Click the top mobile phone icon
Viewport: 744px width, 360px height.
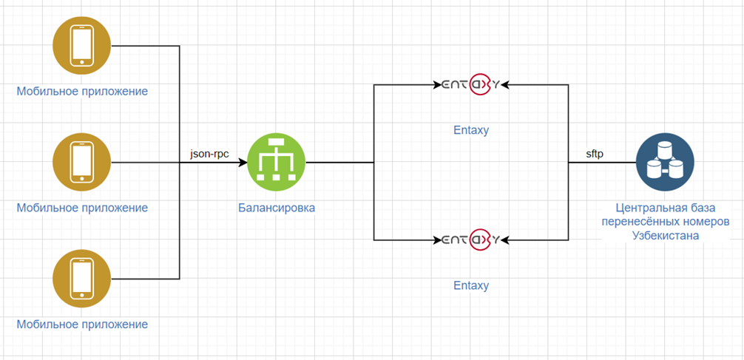[81, 46]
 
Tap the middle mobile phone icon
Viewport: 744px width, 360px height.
[81, 162]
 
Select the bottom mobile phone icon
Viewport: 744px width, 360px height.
[81, 279]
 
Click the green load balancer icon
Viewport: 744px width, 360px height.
[277, 162]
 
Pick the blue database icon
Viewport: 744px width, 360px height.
[665, 162]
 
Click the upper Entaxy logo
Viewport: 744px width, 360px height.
[470, 85]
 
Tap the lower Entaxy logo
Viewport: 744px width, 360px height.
[470, 240]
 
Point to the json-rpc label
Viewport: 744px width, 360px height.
[209, 154]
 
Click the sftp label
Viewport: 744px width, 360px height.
[594, 154]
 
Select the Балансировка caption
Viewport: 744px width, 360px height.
[277, 208]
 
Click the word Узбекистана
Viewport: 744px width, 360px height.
[665, 236]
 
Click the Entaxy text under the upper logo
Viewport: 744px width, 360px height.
[470, 130]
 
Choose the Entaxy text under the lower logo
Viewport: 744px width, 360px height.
[470, 285]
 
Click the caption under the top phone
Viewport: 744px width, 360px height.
[82, 91]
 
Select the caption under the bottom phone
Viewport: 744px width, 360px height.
[82, 325]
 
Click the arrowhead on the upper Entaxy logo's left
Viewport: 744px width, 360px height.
[438, 85]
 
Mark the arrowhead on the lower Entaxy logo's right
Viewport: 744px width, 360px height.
[504, 240]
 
